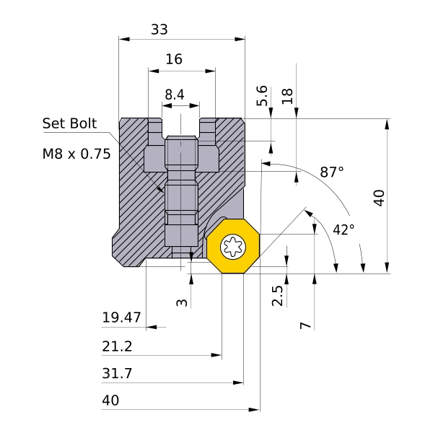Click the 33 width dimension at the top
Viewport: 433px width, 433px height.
159,30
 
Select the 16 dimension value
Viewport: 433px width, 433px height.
174,60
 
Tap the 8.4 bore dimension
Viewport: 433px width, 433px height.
175,95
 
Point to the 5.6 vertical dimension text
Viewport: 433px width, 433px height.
263,96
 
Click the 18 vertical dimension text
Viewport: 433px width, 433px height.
287,96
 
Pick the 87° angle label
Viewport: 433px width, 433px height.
332,172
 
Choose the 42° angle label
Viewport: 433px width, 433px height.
344,229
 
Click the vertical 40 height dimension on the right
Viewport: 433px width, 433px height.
379,197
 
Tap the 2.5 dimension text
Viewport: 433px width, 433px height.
278,295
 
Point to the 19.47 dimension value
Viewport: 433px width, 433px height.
121,317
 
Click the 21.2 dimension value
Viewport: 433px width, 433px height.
117,346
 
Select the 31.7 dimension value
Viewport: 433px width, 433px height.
117,373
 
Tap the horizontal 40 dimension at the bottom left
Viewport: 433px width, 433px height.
110,400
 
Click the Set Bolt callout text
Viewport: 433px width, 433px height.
69,123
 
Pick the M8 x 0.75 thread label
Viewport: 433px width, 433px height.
76,153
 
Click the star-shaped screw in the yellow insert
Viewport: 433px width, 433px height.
233,248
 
